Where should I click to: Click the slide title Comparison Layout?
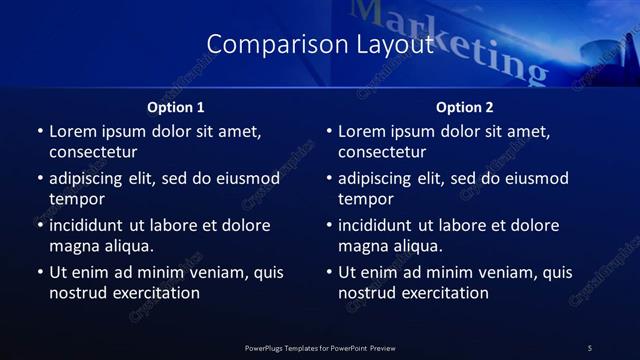(319, 45)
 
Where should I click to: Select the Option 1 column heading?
(176, 107)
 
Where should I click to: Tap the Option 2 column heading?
(465, 107)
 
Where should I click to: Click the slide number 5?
(590, 347)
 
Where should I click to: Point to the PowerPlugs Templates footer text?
(319, 347)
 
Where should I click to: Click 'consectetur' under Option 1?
(93, 152)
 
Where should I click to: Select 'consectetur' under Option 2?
(382, 152)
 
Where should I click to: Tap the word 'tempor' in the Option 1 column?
(77, 198)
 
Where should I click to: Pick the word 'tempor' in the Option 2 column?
(366, 198)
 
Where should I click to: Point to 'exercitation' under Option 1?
(155, 293)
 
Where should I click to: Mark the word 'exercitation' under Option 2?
(444, 293)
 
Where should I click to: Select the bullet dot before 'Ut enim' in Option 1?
(40, 272)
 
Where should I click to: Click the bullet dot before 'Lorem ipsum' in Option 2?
(329, 131)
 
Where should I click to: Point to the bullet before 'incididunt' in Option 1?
(40, 225)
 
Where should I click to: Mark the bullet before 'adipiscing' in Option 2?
(329, 179)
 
